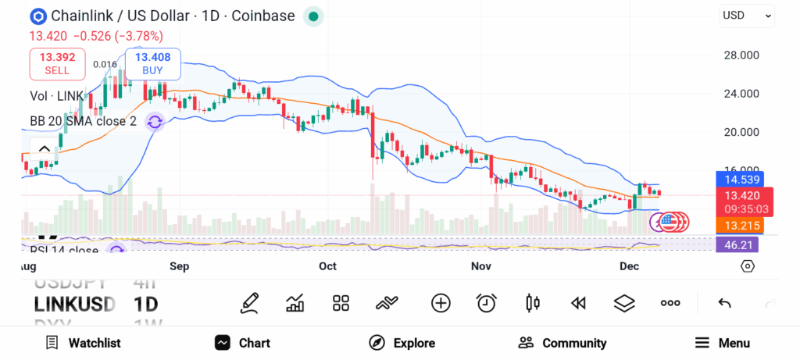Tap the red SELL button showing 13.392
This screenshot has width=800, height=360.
[x=56, y=63]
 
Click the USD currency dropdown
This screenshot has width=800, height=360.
[x=746, y=15]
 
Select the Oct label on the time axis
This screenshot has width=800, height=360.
[x=327, y=266]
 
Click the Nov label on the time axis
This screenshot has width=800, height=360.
[x=481, y=266]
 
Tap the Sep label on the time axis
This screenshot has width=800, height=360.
[x=180, y=266]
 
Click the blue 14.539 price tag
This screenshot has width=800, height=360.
[x=737, y=179]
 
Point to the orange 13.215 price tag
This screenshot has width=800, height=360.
[x=737, y=226]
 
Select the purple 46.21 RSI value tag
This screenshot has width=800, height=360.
[x=737, y=244]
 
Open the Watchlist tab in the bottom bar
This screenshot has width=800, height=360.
[x=83, y=343]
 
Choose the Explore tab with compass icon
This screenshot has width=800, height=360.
[x=402, y=343]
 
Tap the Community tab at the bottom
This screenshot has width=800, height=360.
[x=562, y=343]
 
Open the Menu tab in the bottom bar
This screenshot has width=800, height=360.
[x=722, y=343]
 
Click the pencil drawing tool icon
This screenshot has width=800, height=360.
[x=250, y=303]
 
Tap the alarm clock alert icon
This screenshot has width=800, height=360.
[x=487, y=303]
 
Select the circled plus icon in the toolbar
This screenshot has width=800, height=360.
[x=441, y=303]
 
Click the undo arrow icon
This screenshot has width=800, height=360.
[x=724, y=303]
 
